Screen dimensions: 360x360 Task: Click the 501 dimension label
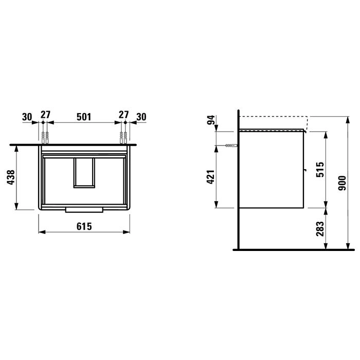(84, 117)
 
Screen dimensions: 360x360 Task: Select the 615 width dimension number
(84, 226)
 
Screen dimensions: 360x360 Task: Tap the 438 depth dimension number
(11, 177)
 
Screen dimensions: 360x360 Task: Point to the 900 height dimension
(342, 183)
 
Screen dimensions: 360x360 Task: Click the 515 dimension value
(320, 170)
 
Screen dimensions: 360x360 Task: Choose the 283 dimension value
(320, 229)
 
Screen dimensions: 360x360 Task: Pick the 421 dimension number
(211, 177)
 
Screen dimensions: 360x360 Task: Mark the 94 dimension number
(211, 120)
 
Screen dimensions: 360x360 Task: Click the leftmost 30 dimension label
(27, 117)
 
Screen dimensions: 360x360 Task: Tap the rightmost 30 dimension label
(141, 117)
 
